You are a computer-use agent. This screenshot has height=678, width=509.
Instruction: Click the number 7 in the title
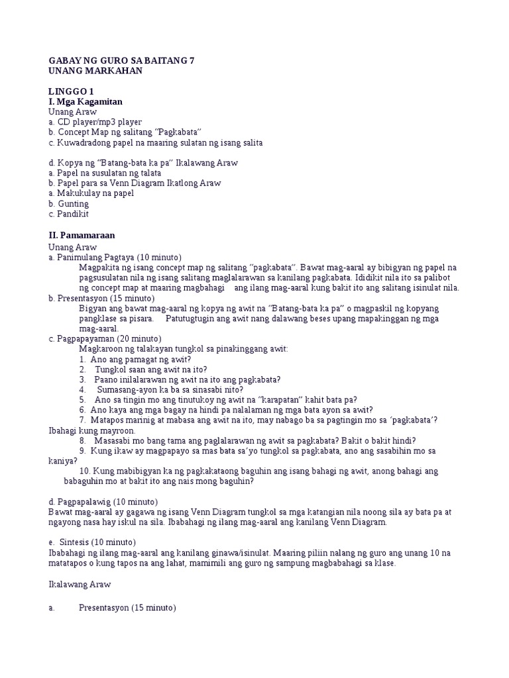[191, 60]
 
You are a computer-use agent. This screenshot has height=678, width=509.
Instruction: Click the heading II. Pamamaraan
[86, 235]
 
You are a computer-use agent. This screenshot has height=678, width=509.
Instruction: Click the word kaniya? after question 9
[63, 461]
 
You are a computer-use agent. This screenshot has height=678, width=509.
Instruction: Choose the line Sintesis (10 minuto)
[97, 542]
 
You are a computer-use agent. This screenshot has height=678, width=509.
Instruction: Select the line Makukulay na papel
[95, 193]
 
